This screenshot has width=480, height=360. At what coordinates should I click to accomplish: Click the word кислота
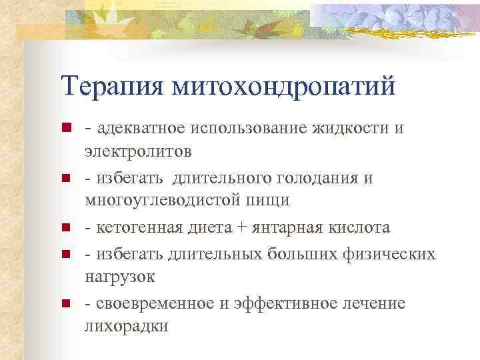(x=357, y=227)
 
